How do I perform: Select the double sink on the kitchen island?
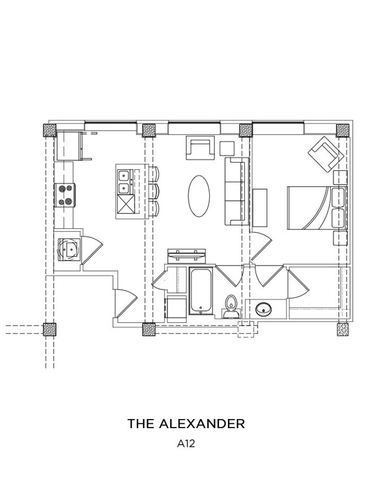click(x=124, y=182)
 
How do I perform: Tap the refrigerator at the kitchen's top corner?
click(x=70, y=145)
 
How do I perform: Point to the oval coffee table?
click(x=199, y=196)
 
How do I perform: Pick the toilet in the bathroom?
click(x=231, y=306)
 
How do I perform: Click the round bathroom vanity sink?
click(x=264, y=310)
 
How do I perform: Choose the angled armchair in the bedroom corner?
click(x=326, y=153)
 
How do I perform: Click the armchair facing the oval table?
click(x=200, y=147)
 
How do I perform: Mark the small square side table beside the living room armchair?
click(x=227, y=148)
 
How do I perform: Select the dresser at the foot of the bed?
click(x=259, y=208)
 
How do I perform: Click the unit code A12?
click(x=185, y=445)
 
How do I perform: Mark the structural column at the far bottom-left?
click(x=50, y=329)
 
